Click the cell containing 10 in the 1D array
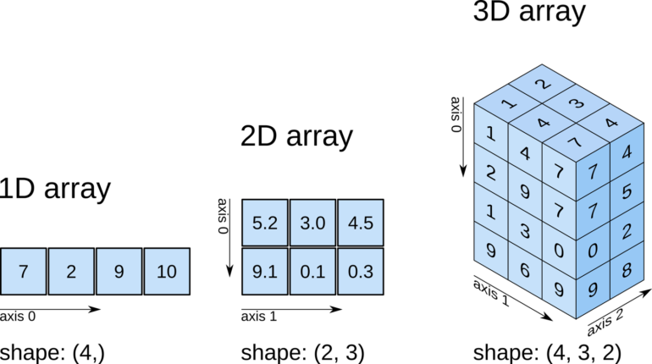(x=167, y=271)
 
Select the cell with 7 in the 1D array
(x=23, y=271)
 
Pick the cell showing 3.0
(x=312, y=223)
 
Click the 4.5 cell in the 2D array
(x=361, y=223)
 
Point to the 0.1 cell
(x=312, y=271)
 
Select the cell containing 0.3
(x=361, y=271)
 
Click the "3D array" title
(x=530, y=13)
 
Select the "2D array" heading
(x=296, y=135)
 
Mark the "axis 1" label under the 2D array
(x=258, y=317)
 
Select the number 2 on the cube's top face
(x=542, y=83)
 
